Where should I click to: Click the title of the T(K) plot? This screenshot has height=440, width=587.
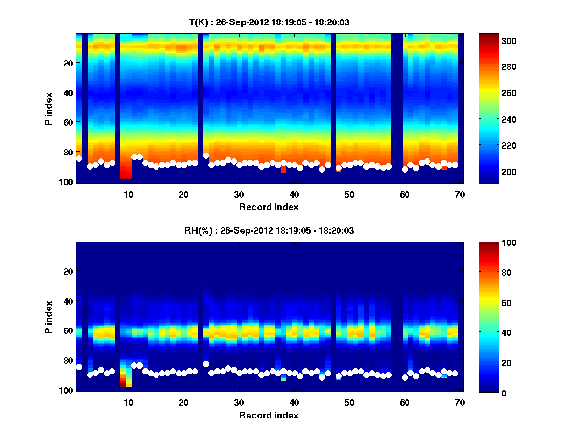point(269,22)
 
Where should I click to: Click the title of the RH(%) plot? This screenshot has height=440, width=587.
point(269,230)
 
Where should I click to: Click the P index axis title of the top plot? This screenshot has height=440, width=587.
point(48,108)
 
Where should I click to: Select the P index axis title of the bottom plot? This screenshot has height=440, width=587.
point(48,316)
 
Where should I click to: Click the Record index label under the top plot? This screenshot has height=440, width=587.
point(269,207)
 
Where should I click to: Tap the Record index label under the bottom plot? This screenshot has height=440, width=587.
point(269,415)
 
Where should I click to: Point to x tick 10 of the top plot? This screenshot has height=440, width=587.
point(128,194)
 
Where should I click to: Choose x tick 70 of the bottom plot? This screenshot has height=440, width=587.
point(460,402)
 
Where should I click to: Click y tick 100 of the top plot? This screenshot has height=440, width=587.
point(67,182)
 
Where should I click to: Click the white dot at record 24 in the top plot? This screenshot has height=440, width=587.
point(206,155)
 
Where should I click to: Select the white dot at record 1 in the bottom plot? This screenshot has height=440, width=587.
point(79,367)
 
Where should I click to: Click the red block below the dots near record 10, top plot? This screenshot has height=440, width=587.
point(126,173)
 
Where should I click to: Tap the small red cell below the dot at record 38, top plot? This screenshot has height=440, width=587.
point(283,170)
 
